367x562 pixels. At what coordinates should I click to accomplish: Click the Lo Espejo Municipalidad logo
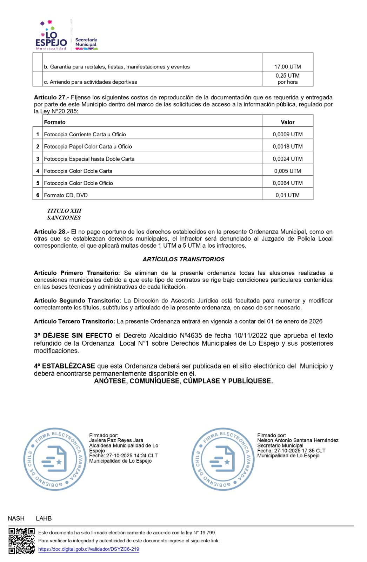coord(51,36)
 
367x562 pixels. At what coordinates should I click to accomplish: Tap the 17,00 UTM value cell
coord(287,67)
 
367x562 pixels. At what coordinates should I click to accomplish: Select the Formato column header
coord(55,122)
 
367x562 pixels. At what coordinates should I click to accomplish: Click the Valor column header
coord(287,122)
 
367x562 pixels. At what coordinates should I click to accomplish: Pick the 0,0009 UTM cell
coord(287,135)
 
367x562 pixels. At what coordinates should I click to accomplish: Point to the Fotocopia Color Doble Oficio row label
coord(79,183)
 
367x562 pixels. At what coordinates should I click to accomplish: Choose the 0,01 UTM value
coord(287,195)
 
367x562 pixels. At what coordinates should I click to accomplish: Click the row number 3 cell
coord(38,159)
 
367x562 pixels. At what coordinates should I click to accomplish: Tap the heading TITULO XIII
coord(64,211)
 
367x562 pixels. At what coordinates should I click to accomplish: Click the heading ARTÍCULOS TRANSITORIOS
coord(183,259)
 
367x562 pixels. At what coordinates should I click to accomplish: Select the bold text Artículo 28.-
coord(51,232)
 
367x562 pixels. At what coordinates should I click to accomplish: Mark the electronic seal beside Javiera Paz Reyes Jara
coord(55,459)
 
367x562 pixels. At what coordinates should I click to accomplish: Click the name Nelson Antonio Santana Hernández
coord(298,440)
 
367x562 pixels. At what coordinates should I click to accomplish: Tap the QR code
coord(21,541)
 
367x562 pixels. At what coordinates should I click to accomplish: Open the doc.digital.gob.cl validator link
coord(88,549)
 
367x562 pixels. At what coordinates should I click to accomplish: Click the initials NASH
coord(16,518)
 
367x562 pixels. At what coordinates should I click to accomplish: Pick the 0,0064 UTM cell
coord(287,183)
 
